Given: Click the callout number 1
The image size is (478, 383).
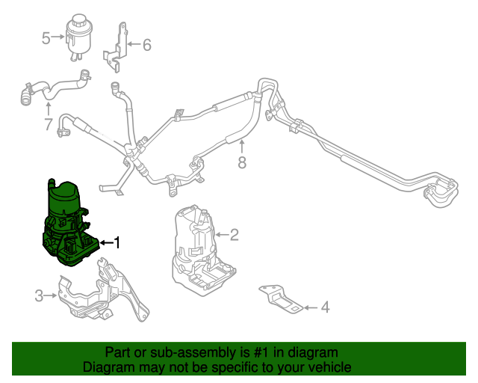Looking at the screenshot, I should (116, 242).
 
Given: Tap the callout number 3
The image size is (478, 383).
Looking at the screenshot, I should (39, 296).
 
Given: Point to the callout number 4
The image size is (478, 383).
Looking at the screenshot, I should (324, 307).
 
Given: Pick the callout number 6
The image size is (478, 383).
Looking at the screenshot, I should (146, 45).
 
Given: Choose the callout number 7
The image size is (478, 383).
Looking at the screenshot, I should (48, 124).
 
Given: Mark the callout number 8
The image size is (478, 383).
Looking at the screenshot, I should (241, 162).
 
